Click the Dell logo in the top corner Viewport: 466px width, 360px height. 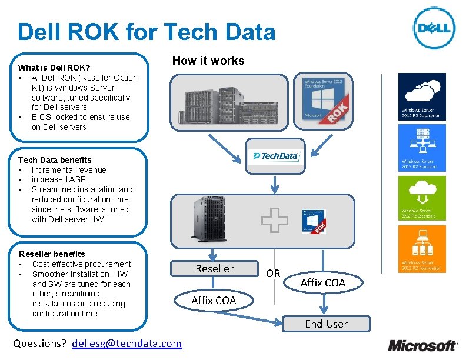pos(434,28)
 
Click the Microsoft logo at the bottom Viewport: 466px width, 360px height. pos(421,345)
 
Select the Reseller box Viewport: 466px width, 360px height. pos(214,269)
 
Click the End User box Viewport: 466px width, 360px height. pos(326,324)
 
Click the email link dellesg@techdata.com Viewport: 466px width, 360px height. pos(127,343)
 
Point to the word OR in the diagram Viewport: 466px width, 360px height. pos(273,274)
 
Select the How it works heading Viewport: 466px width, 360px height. pos(208,61)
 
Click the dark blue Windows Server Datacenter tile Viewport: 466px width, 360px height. pos(422,96)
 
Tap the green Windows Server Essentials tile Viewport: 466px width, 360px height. pos(422,198)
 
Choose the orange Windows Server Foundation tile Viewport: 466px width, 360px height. pos(422,249)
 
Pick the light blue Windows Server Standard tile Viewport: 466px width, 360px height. pos(422,147)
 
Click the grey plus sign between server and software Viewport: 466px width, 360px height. pos(275,221)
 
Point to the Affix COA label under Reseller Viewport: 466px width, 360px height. pos(213,300)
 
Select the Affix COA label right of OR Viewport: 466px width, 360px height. pos(323,282)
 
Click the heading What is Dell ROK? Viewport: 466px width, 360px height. pos(54,68)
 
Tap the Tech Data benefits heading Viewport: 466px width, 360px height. pos(55,160)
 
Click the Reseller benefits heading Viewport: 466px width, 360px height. pos(52,254)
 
